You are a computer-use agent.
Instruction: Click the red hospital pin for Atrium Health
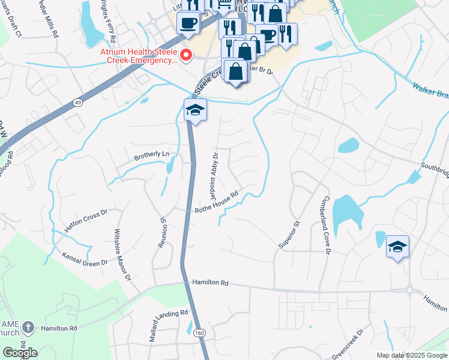[185, 56]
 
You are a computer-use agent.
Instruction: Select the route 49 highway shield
[79, 103]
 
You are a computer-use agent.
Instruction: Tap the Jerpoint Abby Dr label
[214, 176]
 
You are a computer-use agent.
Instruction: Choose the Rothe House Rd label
[217, 202]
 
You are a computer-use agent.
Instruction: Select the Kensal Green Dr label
[85, 259]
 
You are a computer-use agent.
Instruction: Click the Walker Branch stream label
[429, 92]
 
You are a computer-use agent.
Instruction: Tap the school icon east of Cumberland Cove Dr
[397, 247]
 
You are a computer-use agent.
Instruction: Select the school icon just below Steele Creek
[195, 110]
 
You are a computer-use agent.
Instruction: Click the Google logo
[20, 353]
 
